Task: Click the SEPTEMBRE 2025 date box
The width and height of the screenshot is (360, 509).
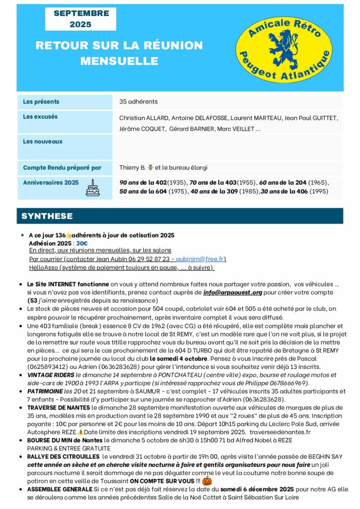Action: (x=81, y=19)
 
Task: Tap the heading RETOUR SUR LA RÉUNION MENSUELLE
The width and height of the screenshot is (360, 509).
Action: (x=119, y=53)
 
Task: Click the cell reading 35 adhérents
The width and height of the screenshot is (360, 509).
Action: (x=138, y=102)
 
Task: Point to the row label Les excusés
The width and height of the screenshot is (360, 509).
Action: (x=40, y=117)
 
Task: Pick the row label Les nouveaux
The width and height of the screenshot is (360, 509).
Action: (x=43, y=142)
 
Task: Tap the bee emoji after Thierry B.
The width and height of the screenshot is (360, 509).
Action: (x=150, y=168)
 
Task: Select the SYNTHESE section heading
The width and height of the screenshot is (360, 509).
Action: (x=47, y=216)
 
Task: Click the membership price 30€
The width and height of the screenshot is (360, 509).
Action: (x=82, y=243)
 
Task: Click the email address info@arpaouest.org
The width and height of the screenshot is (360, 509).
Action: (x=232, y=293)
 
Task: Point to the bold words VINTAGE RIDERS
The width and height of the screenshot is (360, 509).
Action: (x=51, y=375)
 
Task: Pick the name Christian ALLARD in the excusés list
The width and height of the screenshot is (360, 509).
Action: (x=143, y=118)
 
